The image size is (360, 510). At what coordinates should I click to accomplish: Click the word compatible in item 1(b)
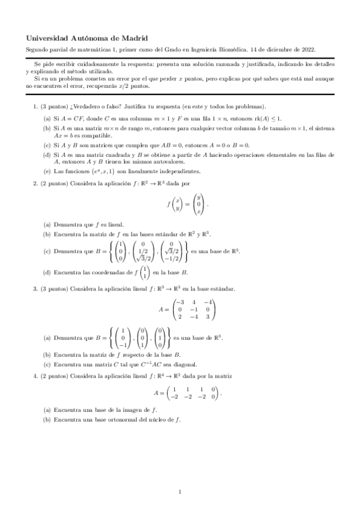pyautogui.click(x=90, y=135)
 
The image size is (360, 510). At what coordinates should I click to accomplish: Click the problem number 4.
pyautogui.click(x=34, y=375)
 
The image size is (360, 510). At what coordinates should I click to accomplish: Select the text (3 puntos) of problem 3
pyautogui.click(x=53, y=289)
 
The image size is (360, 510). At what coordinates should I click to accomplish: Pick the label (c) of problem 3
pyautogui.click(x=46, y=364)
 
